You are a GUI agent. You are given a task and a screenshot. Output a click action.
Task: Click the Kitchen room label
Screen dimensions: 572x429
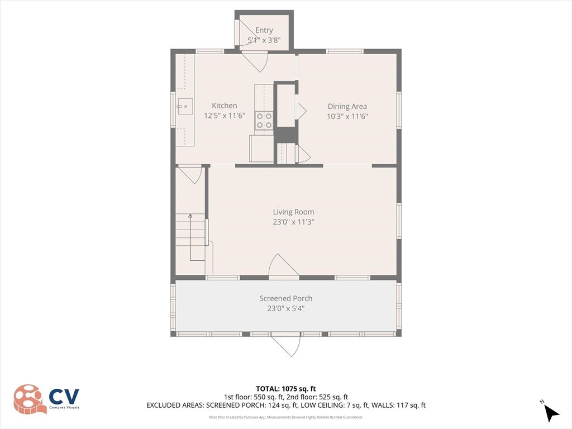(225, 106)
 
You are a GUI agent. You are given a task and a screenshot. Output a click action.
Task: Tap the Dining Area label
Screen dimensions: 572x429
(347, 106)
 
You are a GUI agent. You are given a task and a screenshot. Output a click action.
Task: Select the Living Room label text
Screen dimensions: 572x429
(293, 212)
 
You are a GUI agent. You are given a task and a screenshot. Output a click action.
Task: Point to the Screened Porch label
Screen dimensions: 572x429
(285, 298)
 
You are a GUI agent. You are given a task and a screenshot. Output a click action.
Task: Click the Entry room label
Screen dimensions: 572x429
(264, 30)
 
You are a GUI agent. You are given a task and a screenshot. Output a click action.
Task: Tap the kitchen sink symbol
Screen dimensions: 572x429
(185, 107)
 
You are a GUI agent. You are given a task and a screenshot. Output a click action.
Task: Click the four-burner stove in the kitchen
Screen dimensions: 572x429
(264, 121)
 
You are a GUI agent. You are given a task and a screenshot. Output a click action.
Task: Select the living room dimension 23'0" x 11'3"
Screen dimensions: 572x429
(293, 222)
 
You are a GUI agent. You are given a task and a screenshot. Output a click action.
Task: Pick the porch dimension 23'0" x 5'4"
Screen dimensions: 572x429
(285, 308)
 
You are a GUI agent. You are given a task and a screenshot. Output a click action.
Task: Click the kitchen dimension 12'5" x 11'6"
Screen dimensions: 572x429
(225, 116)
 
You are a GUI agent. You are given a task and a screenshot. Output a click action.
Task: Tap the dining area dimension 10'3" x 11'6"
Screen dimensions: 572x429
(347, 116)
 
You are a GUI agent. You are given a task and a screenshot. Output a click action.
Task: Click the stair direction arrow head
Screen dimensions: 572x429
(190, 216)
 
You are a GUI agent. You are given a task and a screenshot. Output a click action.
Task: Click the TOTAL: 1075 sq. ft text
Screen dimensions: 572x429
(285, 389)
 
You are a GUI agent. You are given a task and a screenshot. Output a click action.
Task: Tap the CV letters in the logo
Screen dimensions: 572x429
(64, 396)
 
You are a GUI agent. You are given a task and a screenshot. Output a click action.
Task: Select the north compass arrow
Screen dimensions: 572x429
(551, 413)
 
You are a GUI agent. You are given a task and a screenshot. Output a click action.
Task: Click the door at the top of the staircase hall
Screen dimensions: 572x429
(190, 175)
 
